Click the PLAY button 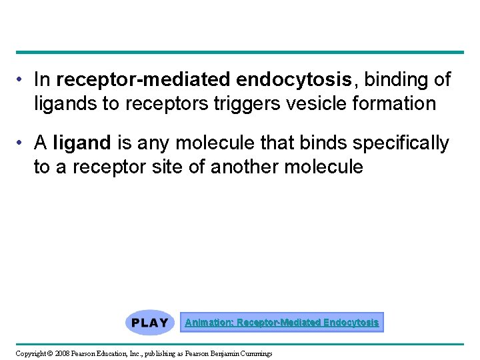(x=149, y=323)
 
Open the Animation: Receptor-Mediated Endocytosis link (x=281, y=323)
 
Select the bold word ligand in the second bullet (x=81, y=143)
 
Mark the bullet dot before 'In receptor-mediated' (x=22, y=81)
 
